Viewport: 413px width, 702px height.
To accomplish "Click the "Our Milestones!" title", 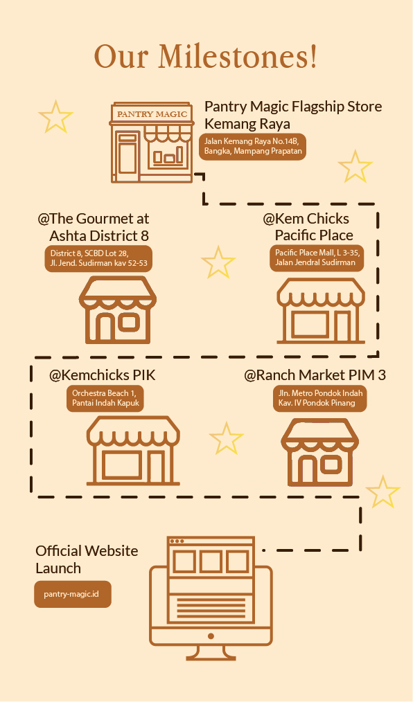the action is pyautogui.click(x=206, y=56).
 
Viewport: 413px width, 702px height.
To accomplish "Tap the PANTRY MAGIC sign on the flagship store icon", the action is pyautogui.click(x=152, y=114).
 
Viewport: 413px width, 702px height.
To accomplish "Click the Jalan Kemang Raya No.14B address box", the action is pyautogui.click(x=253, y=146).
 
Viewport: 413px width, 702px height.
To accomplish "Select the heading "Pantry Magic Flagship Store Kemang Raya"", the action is pyautogui.click(x=293, y=115).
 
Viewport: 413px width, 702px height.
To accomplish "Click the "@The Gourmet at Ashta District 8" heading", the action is pyautogui.click(x=93, y=227).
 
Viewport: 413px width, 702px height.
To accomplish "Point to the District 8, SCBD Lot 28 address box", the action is pyautogui.click(x=98, y=258).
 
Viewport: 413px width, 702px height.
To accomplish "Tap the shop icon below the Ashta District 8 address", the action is pyautogui.click(x=118, y=310).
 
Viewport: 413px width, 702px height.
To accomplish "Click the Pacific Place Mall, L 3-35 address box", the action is pyautogui.click(x=317, y=258).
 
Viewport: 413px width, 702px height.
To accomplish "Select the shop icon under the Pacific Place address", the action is pyautogui.click(x=321, y=310).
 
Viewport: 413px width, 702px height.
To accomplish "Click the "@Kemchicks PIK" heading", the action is pyautogui.click(x=102, y=375).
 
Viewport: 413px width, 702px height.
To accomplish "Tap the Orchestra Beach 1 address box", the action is pyautogui.click(x=105, y=398).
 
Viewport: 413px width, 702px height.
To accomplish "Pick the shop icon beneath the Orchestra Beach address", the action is pyautogui.click(x=133, y=451).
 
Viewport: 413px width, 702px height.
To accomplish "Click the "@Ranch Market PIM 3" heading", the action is pyautogui.click(x=315, y=375).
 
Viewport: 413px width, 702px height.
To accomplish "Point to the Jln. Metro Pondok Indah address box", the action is pyautogui.click(x=320, y=398).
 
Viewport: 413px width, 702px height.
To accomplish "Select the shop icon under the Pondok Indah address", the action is pyautogui.click(x=320, y=452).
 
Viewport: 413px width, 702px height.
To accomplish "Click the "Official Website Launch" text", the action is pyautogui.click(x=87, y=559).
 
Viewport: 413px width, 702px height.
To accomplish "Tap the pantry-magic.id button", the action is pyautogui.click(x=73, y=595).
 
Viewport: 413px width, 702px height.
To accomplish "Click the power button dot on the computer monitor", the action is pyautogui.click(x=211, y=636).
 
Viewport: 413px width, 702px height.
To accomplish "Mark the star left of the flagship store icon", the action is pyautogui.click(x=55, y=117).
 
